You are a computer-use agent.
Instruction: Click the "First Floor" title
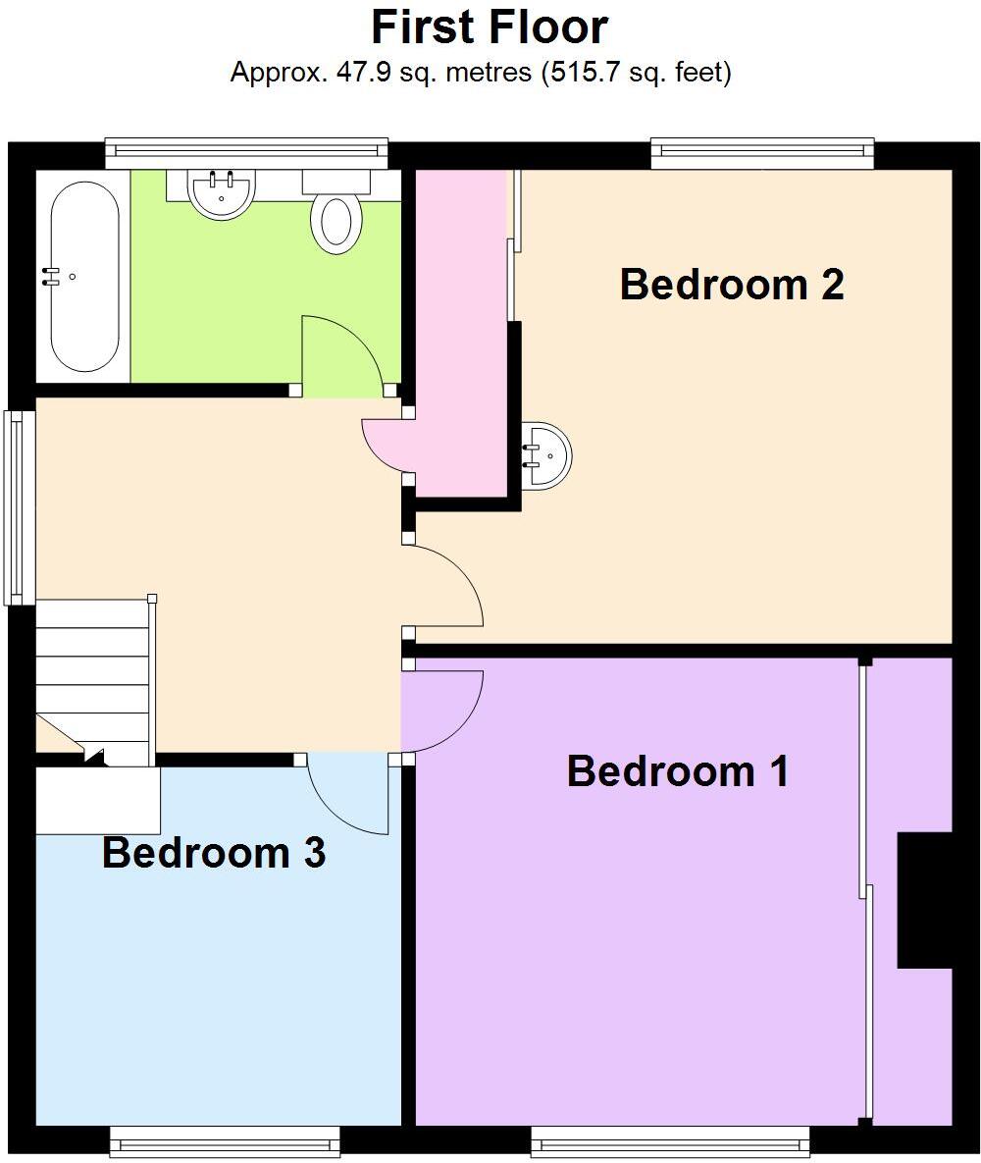coord(490,27)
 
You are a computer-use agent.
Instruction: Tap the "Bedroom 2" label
coord(732,285)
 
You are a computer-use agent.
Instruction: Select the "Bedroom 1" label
coord(678,771)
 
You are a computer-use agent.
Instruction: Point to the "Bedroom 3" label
coord(214,853)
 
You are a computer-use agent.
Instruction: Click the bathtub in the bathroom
coord(83,277)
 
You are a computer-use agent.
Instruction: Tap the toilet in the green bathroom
coord(336,222)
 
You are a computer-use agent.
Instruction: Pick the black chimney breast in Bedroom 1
coord(924,900)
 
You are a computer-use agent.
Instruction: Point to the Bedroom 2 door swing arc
coord(444,586)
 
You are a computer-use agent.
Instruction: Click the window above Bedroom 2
coord(762,149)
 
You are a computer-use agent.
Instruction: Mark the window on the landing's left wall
coord(16,506)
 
